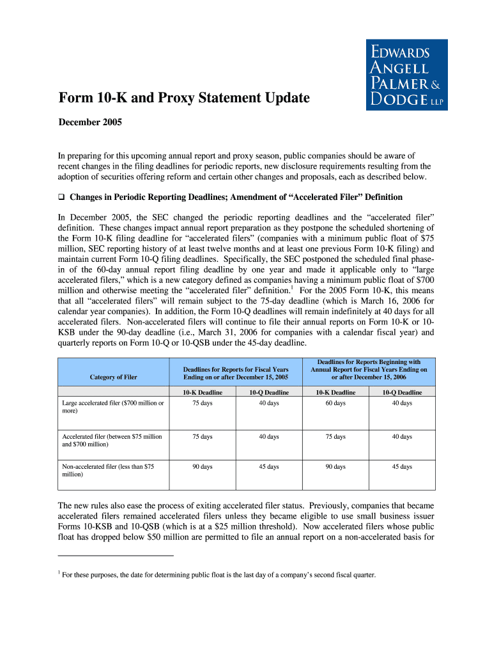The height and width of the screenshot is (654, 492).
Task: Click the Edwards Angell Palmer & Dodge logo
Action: coord(406,74)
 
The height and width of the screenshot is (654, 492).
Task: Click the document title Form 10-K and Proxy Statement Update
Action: coord(184,98)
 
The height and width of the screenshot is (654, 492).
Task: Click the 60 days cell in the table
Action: coord(335,403)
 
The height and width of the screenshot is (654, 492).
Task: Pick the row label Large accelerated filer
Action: coord(112,407)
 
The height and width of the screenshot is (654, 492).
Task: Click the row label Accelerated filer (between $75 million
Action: coord(112,440)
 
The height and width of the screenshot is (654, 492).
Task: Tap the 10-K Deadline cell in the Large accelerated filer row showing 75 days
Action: coord(202,403)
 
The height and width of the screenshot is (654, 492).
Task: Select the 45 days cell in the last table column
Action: coord(402,467)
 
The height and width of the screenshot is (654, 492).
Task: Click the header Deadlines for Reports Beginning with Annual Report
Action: coord(369,369)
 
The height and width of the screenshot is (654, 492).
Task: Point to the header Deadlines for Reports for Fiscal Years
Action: coord(236,373)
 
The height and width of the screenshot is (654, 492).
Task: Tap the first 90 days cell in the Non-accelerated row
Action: coord(202,467)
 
